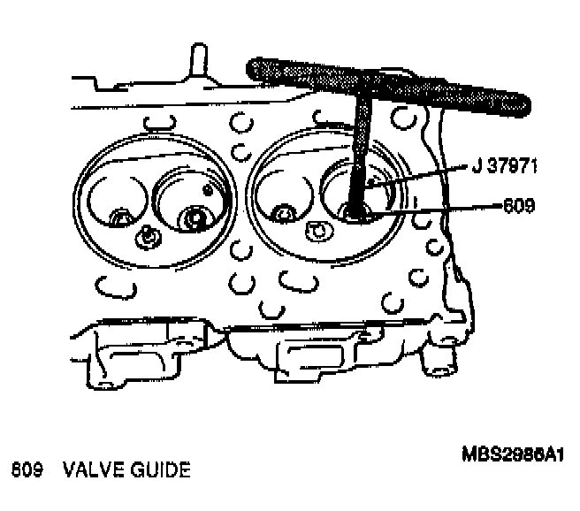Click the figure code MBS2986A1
pyautogui.click(x=513, y=454)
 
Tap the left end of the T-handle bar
pyautogui.click(x=256, y=66)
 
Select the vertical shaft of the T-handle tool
pyautogui.click(x=360, y=150)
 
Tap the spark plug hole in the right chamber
pyautogui.click(x=314, y=232)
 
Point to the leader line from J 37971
pyautogui.click(x=416, y=174)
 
